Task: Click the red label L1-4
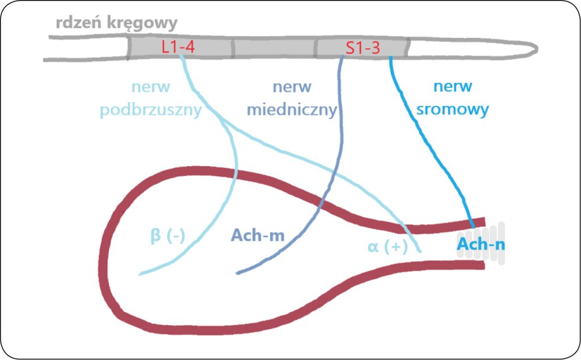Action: (x=178, y=48)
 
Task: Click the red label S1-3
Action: (x=363, y=48)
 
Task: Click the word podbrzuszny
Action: (x=151, y=109)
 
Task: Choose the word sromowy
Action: (x=452, y=109)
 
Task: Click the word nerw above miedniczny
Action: (x=292, y=87)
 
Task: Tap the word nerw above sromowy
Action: (x=452, y=87)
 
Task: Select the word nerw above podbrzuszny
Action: (x=150, y=87)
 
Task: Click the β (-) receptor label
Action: (x=168, y=235)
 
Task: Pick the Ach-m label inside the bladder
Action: (x=257, y=235)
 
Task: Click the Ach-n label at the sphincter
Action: (x=481, y=245)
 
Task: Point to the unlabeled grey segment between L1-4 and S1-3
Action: (x=275, y=49)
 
